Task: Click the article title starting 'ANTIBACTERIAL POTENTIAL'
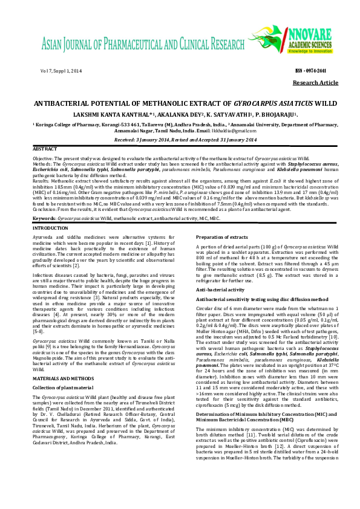point(180,104)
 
